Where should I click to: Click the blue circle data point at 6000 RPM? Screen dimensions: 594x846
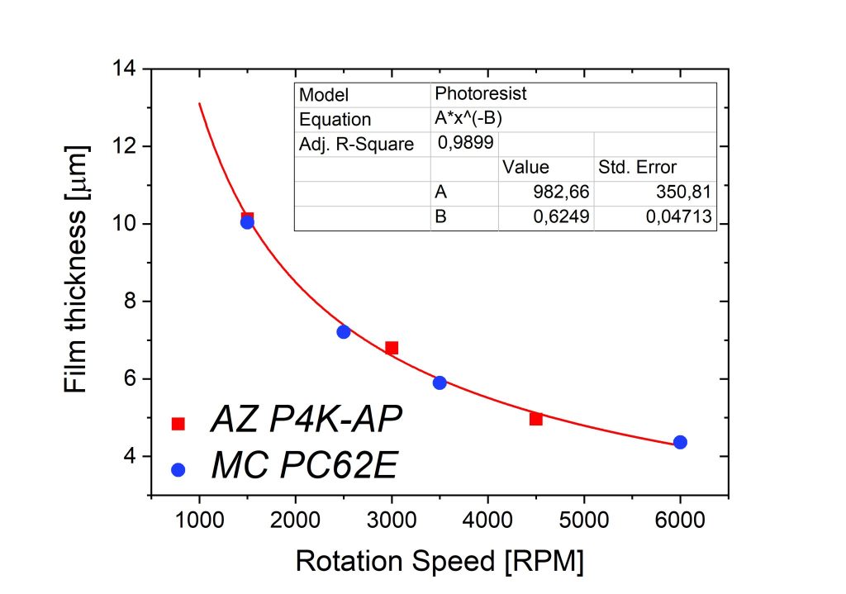click(680, 442)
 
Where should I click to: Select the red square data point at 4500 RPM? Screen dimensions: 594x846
click(535, 419)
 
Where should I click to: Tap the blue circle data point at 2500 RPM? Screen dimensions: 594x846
click(344, 331)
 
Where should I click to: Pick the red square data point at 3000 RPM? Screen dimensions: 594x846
click(392, 348)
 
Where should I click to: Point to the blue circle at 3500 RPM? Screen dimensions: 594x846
click(440, 383)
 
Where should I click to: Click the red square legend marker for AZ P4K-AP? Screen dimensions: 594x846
click(178, 423)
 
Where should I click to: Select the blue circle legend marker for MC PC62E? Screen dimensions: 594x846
click(178, 469)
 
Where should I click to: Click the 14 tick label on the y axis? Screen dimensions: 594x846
click(128, 69)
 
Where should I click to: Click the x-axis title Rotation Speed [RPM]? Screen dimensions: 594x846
click(440, 562)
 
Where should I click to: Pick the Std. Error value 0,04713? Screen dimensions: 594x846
click(682, 218)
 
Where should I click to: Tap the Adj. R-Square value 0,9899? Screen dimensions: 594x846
click(464, 142)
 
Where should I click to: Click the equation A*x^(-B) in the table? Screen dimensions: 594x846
click(468, 118)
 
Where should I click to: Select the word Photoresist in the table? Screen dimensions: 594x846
click(481, 93)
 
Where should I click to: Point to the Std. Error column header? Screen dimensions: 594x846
click(637, 168)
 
